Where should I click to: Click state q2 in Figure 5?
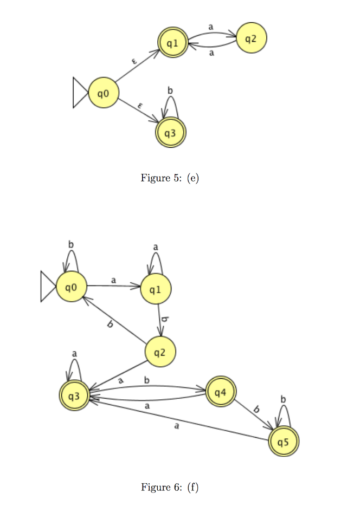(x=251, y=38)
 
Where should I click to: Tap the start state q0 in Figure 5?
(x=103, y=93)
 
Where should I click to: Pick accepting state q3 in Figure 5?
(x=170, y=132)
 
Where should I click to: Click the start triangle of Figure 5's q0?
(x=80, y=93)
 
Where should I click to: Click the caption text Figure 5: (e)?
(x=170, y=178)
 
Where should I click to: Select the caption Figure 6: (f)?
(x=170, y=487)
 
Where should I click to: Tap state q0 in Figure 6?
(x=70, y=287)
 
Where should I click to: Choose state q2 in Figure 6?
(x=160, y=352)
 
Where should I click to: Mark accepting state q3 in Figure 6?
(x=74, y=395)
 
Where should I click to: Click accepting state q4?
(x=220, y=391)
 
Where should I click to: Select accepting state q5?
(x=284, y=442)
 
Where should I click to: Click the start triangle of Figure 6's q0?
(x=48, y=287)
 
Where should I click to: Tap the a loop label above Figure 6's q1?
(x=156, y=246)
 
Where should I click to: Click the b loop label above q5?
(x=283, y=399)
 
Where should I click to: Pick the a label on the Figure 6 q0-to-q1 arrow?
(x=113, y=280)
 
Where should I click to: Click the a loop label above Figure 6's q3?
(x=75, y=353)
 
